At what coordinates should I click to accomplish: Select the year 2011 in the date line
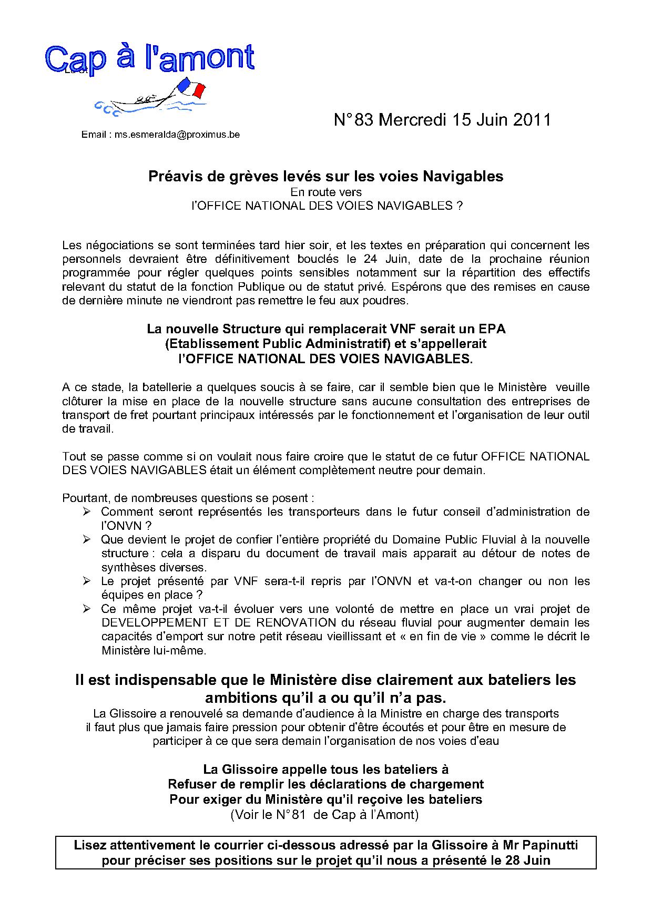tap(532, 120)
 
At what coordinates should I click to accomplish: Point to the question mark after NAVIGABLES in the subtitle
tap(459, 206)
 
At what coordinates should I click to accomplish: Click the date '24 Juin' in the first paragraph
tap(382, 259)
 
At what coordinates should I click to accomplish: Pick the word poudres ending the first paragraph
tap(389, 301)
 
